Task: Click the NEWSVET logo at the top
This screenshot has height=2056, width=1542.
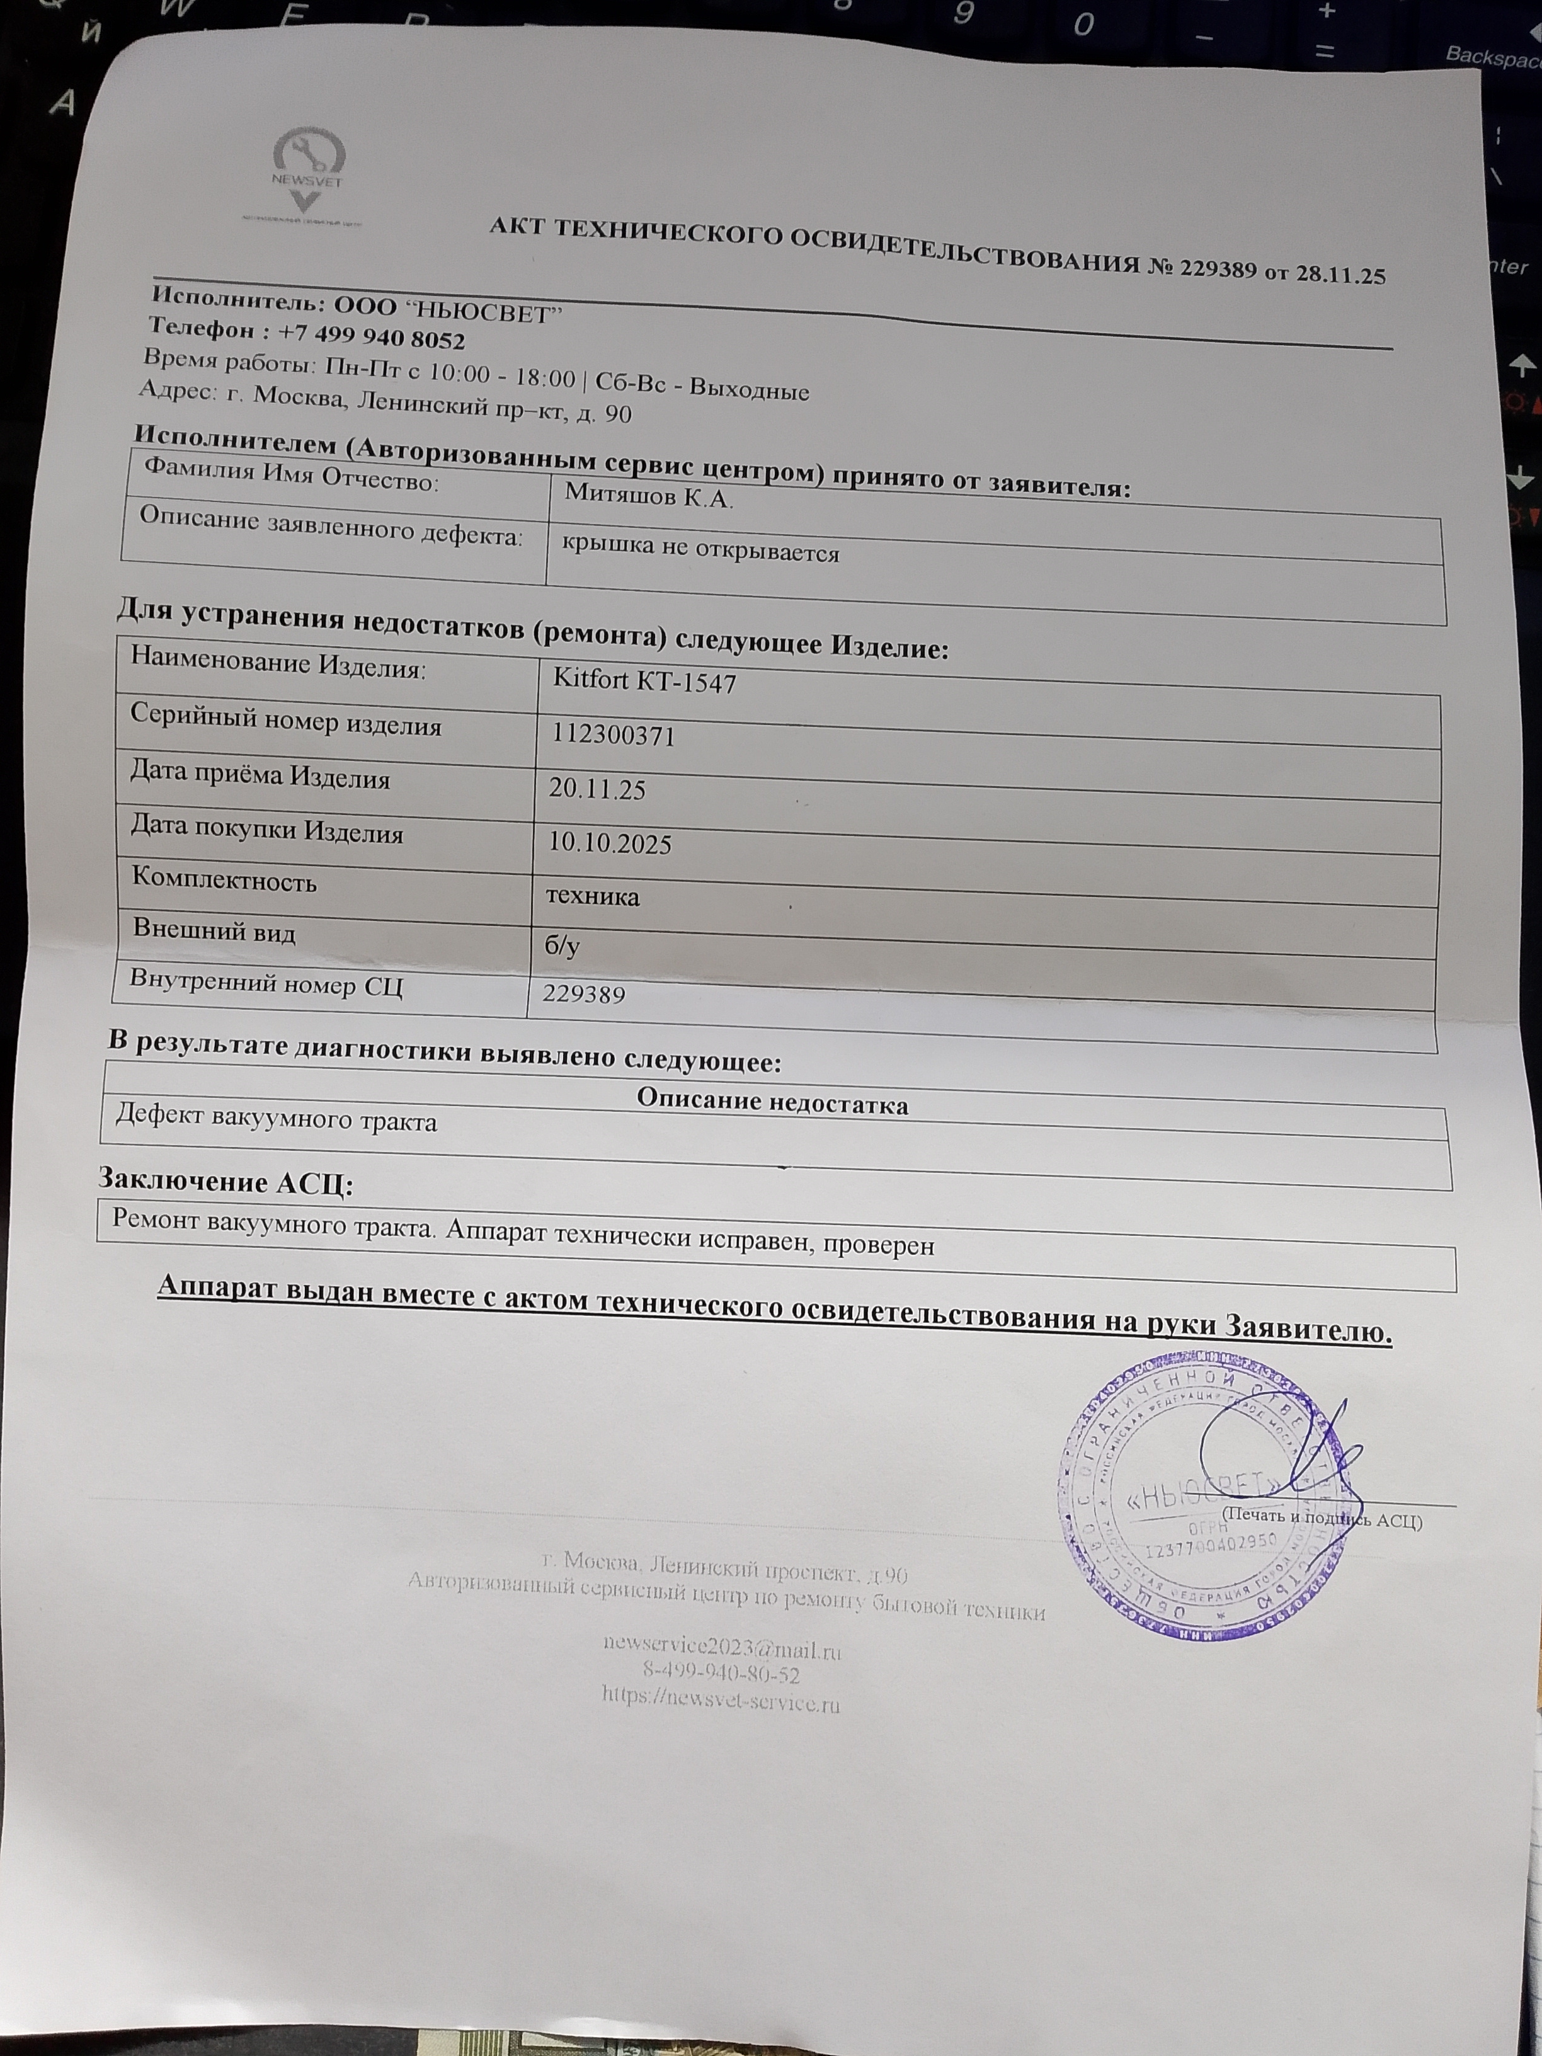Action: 307,174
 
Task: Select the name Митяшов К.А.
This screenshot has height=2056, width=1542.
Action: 649,497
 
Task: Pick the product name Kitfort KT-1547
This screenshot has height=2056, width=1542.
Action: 644,682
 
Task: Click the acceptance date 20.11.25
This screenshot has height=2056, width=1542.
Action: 597,789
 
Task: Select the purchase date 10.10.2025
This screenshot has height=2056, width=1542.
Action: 609,843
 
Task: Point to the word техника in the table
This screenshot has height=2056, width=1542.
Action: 592,896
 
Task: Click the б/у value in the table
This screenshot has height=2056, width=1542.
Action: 563,946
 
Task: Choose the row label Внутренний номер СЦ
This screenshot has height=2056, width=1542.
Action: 266,981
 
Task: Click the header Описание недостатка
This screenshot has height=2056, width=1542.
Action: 772,1102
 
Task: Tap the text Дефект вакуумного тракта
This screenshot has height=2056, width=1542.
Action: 276,1120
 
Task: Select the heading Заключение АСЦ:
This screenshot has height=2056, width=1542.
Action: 226,1182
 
